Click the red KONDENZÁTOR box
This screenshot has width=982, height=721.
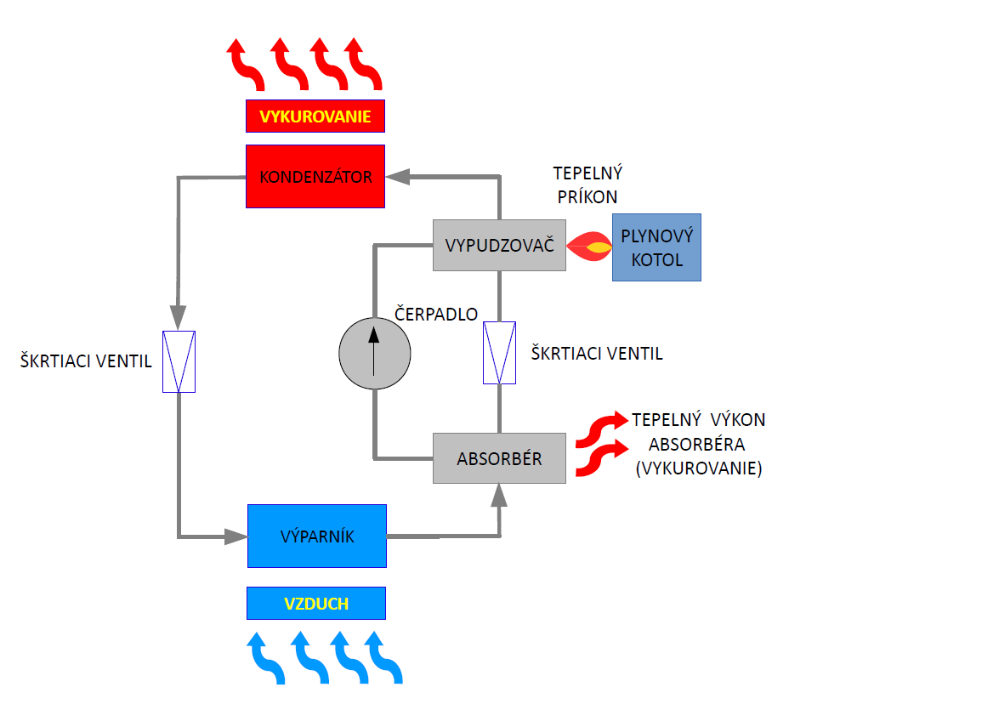click(x=315, y=177)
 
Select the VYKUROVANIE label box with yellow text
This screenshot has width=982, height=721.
click(x=315, y=116)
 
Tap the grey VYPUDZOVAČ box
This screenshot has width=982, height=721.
click(x=499, y=245)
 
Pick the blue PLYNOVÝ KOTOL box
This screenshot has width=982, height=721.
click(x=656, y=247)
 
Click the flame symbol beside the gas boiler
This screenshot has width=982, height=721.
click(x=588, y=247)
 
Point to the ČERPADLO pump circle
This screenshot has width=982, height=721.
click(x=374, y=354)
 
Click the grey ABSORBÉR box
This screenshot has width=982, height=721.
click(x=499, y=458)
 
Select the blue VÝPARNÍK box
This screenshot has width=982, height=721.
click(x=316, y=536)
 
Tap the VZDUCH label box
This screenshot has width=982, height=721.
click(x=316, y=603)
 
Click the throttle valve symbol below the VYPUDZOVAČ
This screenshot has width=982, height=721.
click(x=499, y=353)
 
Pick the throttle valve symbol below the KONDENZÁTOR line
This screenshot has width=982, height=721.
click(x=179, y=361)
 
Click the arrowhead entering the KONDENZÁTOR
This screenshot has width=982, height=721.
click(x=397, y=177)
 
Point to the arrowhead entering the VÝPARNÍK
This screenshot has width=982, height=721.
click(x=236, y=536)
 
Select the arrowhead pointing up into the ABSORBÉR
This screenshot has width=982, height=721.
click(x=499, y=495)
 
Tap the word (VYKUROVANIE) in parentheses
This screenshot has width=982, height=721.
click(x=699, y=468)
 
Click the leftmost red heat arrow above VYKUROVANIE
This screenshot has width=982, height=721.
click(x=246, y=65)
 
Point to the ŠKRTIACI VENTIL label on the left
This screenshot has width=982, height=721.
click(x=86, y=361)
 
